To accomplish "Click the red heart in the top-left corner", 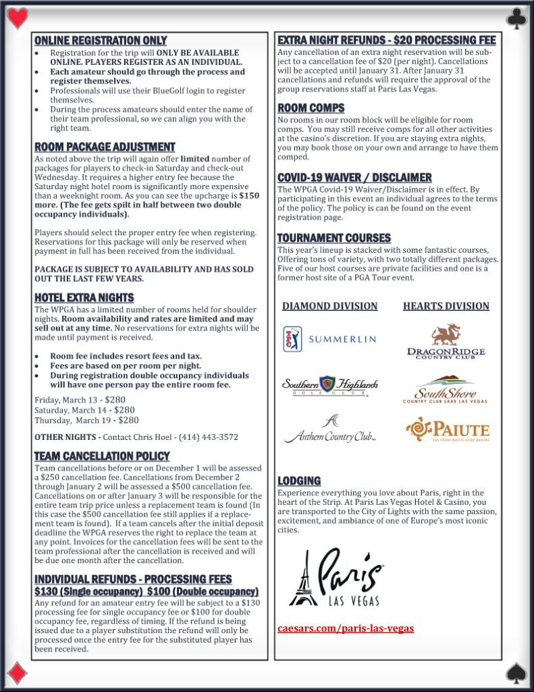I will click(17, 17).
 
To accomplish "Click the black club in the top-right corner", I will click(516, 18).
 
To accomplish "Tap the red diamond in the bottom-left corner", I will click(18, 673).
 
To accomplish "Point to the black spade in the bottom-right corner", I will click(516, 673).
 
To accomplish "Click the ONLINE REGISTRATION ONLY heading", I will click(101, 41).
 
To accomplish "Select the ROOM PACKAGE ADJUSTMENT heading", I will click(105, 147).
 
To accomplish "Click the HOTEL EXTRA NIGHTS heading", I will click(84, 297).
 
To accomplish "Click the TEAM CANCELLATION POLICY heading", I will click(102, 456).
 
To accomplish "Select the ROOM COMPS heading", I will click(311, 108).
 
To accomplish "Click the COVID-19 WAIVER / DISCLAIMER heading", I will click(354, 178).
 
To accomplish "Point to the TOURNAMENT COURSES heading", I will click(334, 238).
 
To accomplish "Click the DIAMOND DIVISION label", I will click(330, 306).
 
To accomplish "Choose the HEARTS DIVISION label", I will click(446, 306).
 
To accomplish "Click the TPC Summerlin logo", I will click(329, 339).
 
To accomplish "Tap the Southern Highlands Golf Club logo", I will click(329, 386).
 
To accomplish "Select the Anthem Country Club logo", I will click(330, 430).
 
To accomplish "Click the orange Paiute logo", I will click(447, 430).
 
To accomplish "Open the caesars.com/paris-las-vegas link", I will click(346, 628).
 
